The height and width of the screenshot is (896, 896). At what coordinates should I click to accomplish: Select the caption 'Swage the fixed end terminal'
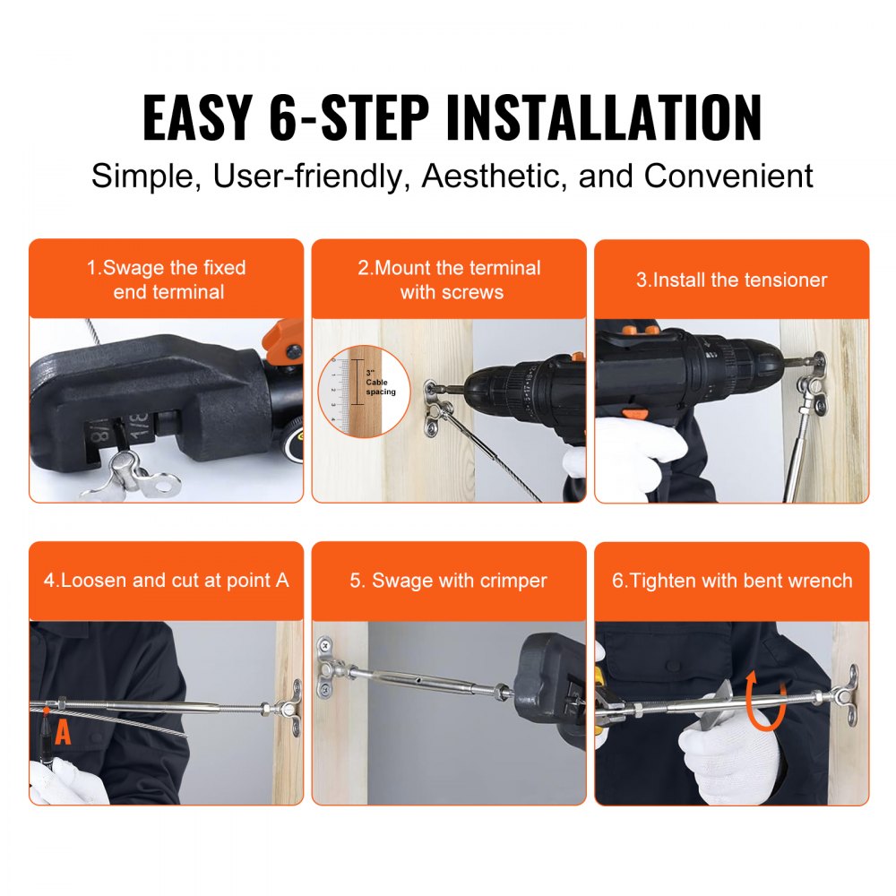click(x=166, y=280)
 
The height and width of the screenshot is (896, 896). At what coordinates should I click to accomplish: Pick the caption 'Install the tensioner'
click(x=731, y=280)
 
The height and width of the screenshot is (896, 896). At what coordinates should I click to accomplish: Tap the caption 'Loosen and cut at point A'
click(x=166, y=581)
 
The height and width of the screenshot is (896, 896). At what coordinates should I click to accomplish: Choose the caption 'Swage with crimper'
click(x=448, y=581)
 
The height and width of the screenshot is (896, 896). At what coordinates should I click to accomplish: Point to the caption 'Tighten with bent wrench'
click(x=731, y=581)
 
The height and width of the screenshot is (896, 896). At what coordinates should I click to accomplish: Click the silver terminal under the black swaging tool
click(x=139, y=470)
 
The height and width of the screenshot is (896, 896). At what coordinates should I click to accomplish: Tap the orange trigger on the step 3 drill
click(x=634, y=413)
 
